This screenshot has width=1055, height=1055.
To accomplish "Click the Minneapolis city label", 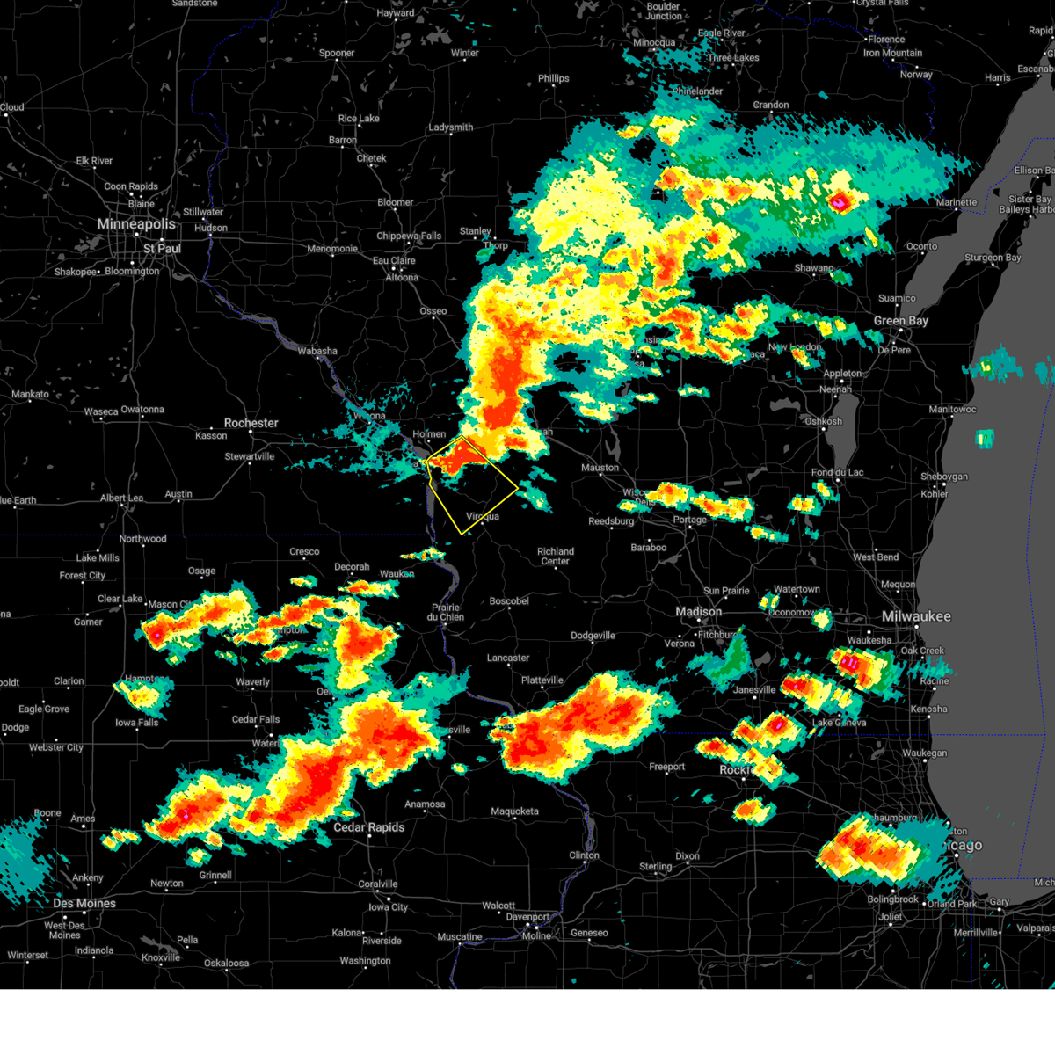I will [x=136, y=224].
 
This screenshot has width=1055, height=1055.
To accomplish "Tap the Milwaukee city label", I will [x=916, y=616].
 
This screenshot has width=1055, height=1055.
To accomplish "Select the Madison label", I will [x=698, y=612].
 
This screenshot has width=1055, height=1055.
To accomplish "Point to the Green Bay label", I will [x=900, y=321].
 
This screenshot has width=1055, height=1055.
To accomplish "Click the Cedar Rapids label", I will [x=368, y=827].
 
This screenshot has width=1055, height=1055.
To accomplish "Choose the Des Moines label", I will [x=84, y=903].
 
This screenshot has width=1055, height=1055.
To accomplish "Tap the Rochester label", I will [x=251, y=423].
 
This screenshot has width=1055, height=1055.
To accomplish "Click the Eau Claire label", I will [x=394, y=260].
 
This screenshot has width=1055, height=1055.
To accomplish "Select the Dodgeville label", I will [x=593, y=636].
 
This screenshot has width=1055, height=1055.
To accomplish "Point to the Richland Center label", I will [x=556, y=557].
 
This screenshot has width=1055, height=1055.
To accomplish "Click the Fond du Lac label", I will [x=837, y=472].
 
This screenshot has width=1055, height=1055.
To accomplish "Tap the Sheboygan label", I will [x=943, y=477].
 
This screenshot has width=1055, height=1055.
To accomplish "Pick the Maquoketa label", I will [x=514, y=811].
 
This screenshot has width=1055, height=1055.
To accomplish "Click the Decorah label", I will [x=352, y=567].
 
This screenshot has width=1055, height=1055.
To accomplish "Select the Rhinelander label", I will [x=697, y=91].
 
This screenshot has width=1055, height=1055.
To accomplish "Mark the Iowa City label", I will [x=388, y=907].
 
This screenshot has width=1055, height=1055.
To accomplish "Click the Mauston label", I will [x=600, y=468].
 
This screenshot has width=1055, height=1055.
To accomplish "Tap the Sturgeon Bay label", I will [x=993, y=258].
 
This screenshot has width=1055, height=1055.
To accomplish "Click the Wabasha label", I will [x=316, y=351].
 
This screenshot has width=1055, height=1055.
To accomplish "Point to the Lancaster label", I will [x=508, y=658].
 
